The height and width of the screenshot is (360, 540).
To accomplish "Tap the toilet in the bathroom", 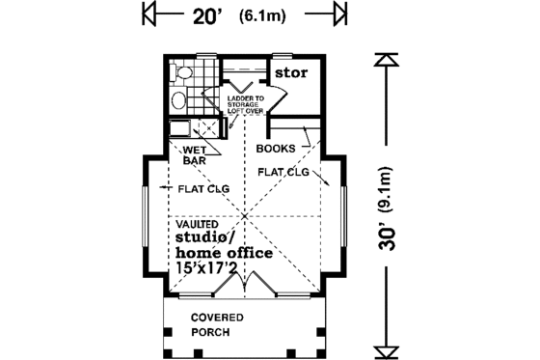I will click(x=183, y=72).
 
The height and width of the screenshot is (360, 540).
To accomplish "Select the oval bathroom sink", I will click(x=177, y=101).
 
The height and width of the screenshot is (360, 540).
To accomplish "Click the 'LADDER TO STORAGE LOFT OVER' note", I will click(x=249, y=105).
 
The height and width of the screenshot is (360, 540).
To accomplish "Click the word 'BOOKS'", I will click(x=275, y=149).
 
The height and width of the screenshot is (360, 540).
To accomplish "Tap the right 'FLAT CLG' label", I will click(x=283, y=172).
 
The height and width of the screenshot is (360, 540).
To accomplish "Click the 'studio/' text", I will click(x=204, y=237).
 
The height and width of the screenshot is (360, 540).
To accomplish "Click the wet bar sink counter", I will click(x=179, y=129).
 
